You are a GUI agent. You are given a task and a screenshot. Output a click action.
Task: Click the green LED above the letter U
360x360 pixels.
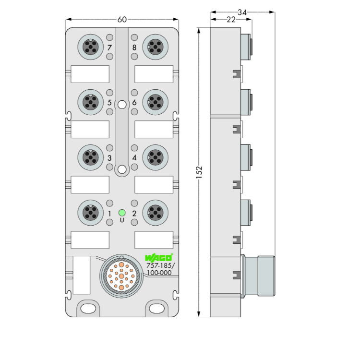[x=122, y=213]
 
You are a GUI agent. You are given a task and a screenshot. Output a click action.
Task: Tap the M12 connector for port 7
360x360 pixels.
[x=90, y=47]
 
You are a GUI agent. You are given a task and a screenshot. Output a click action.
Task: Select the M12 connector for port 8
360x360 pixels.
[x=156, y=47]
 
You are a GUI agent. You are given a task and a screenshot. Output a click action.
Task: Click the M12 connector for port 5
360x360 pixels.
[x=90, y=102]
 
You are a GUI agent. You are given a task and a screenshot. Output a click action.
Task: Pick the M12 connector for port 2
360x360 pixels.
[x=156, y=213]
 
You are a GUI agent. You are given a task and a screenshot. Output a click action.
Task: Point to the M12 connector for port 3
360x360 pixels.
[x=90, y=157]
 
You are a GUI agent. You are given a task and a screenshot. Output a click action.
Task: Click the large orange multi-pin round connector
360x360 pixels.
[x=121, y=276]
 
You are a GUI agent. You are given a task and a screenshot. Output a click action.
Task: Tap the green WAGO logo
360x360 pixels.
[x=158, y=258]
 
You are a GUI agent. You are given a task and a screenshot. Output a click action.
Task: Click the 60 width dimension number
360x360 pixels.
[x=122, y=20]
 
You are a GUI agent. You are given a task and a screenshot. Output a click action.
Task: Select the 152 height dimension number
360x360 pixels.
[x=199, y=172]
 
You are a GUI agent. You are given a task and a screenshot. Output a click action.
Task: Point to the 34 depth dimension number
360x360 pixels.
[x=242, y=12]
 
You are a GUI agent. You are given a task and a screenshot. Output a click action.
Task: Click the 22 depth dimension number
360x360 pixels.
[x=231, y=20]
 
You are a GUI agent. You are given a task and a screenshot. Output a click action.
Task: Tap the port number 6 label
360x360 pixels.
[x=134, y=102]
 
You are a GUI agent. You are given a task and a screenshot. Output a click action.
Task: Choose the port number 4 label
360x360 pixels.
[x=134, y=158]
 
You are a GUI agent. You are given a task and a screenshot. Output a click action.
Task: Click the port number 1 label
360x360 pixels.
[x=109, y=214]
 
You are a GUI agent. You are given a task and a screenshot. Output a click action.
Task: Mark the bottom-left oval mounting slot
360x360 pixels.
[x=89, y=309]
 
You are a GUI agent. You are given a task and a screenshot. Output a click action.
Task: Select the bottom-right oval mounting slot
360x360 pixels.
[x=157, y=309]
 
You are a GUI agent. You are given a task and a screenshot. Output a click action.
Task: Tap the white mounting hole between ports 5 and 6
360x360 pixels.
[x=122, y=105]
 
